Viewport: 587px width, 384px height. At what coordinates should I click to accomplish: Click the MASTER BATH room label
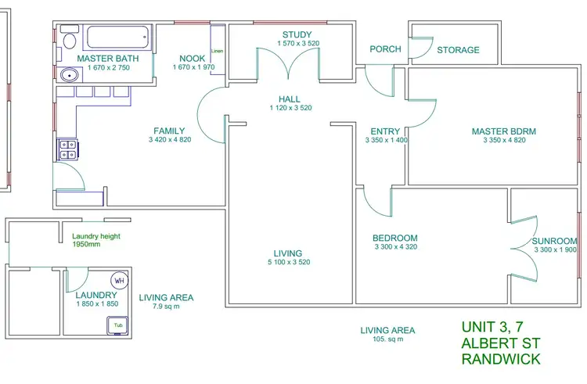pyautogui.click(x=108, y=59)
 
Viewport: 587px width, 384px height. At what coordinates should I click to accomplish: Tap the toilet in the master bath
pyautogui.click(x=68, y=41)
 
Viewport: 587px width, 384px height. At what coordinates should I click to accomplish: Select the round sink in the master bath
pyautogui.click(x=68, y=76)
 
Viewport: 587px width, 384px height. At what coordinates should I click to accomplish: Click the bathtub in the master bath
pyautogui.click(x=117, y=38)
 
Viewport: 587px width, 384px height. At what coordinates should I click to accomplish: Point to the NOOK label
pyautogui.click(x=192, y=59)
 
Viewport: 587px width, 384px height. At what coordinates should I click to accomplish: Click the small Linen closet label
pyautogui.click(x=218, y=52)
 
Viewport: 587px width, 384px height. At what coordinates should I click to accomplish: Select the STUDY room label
pyautogui.click(x=297, y=34)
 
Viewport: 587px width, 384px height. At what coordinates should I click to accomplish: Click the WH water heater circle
pyautogui.click(x=120, y=281)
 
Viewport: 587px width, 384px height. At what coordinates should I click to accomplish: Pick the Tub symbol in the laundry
pyautogui.click(x=119, y=325)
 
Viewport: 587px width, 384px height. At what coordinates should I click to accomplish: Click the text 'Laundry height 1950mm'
pyautogui.click(x=95, y=239)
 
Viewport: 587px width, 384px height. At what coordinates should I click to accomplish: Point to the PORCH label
pyautogui.click(x=385, y=49)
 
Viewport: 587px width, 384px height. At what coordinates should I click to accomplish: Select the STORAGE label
pyautogui.click(x=458, y=50)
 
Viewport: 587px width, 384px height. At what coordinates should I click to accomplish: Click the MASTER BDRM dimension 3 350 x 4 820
pyautogui.click(x=503, y=141)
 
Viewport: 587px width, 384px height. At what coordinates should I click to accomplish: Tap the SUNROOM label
pyautogui.click(x=554, y=241)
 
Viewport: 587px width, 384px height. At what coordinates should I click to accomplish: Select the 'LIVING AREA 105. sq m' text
pyautogui.click(x=387, y=334)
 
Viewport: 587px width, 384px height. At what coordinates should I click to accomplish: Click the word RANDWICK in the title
pyautogui.click(x=501, y=360)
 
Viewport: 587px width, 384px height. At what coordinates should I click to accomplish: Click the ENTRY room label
pyautogui.click(x=385, y=131)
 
